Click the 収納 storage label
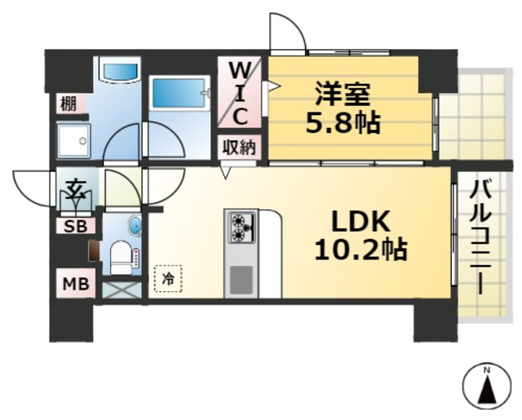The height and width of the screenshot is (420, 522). point(240,148)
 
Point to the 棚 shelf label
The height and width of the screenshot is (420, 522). point(68,104)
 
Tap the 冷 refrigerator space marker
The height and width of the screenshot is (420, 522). point(168,278)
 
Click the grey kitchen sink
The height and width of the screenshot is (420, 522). point(241,280)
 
